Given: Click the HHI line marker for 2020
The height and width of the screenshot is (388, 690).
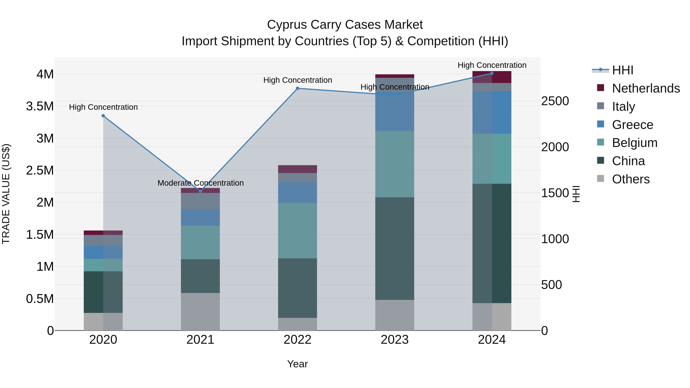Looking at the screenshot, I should pos(103,116).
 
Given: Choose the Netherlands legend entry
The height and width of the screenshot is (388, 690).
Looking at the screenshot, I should pos(646,88).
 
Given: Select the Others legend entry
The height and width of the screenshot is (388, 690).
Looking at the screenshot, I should pos(631,179).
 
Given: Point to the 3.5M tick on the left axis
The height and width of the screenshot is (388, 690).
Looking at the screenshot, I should pos(40,106).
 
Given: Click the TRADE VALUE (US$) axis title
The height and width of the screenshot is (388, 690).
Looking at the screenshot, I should pos(6,194).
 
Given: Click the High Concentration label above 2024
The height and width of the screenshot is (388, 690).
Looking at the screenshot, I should pos(492,65).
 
